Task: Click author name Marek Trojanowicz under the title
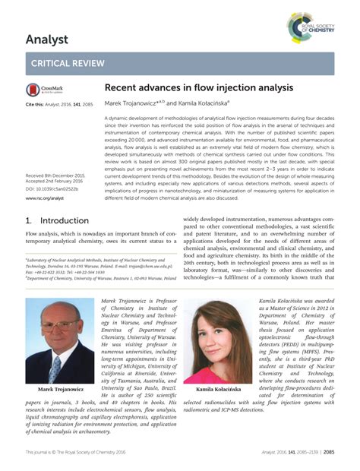click(131, 103)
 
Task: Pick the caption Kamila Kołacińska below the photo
click(218, 389)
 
